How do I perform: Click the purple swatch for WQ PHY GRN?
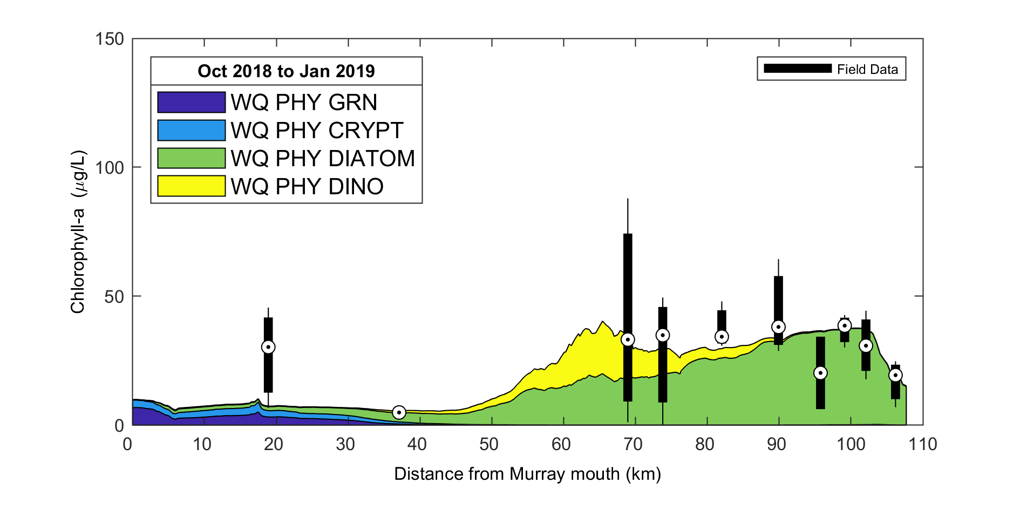coord(191,102)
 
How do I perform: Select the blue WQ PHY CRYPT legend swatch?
coord(191,130)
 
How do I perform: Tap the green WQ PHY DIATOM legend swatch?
coord(191,158)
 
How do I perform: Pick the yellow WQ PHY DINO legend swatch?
coord(191,186)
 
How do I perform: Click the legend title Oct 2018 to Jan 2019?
coord(286,71)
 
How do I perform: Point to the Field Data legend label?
coord(867,69)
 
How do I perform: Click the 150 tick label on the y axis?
coord(110,39)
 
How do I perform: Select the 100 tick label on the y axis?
coord(110,167)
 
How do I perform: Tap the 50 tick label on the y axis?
coord(114,296)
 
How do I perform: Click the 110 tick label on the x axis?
coord(922,444)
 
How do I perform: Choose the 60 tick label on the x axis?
coord(561,444)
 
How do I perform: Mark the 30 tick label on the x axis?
coord(345,444)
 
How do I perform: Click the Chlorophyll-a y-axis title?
coord(78,232)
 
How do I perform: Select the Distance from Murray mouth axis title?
coord(527,474)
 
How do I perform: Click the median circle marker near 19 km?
coord(268,347)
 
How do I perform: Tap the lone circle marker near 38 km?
coord(399,412)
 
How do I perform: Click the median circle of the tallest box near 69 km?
coord(628,339)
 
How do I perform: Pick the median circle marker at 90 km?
coord(778,327)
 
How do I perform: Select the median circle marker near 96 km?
coord(820,373)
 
